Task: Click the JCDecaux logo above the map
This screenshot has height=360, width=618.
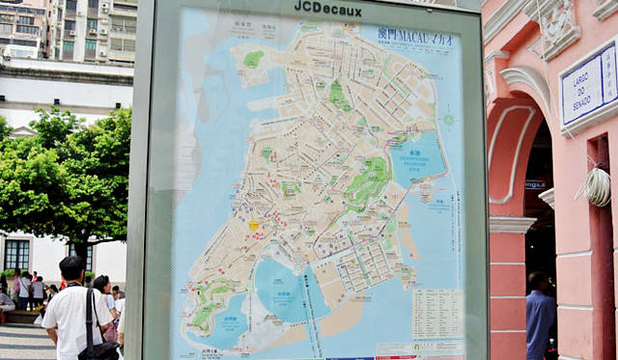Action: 327,10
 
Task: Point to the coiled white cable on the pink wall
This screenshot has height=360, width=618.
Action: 597,185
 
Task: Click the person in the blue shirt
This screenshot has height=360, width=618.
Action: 540,318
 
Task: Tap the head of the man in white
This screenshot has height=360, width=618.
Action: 72,268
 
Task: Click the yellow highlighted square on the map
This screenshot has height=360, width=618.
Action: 254,226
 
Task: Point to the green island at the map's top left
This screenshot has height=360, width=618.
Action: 252,60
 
